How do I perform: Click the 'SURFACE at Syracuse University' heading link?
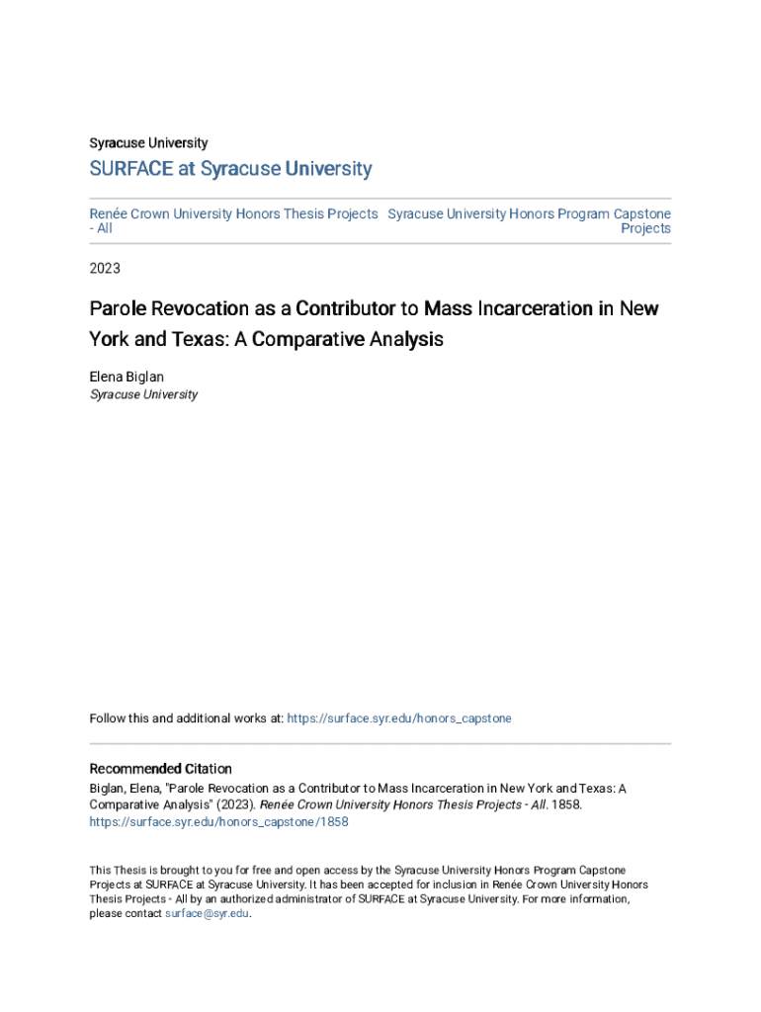coord(230,169)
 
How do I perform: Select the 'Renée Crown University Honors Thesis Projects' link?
coord(233,213)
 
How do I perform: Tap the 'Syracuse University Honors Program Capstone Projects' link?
coord(530,213)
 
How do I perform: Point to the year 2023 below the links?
coord(105,268)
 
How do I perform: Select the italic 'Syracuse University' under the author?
coord(143,394)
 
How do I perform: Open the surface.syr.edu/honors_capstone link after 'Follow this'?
coord(399,718)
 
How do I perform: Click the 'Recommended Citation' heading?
coord(161,769)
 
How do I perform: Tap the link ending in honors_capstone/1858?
coord(218,821)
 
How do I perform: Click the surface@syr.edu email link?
coord(207,914)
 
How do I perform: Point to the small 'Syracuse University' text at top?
coord(148,143)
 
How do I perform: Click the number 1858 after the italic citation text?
coord(564,805)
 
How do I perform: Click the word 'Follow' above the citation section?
coord(107,718)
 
